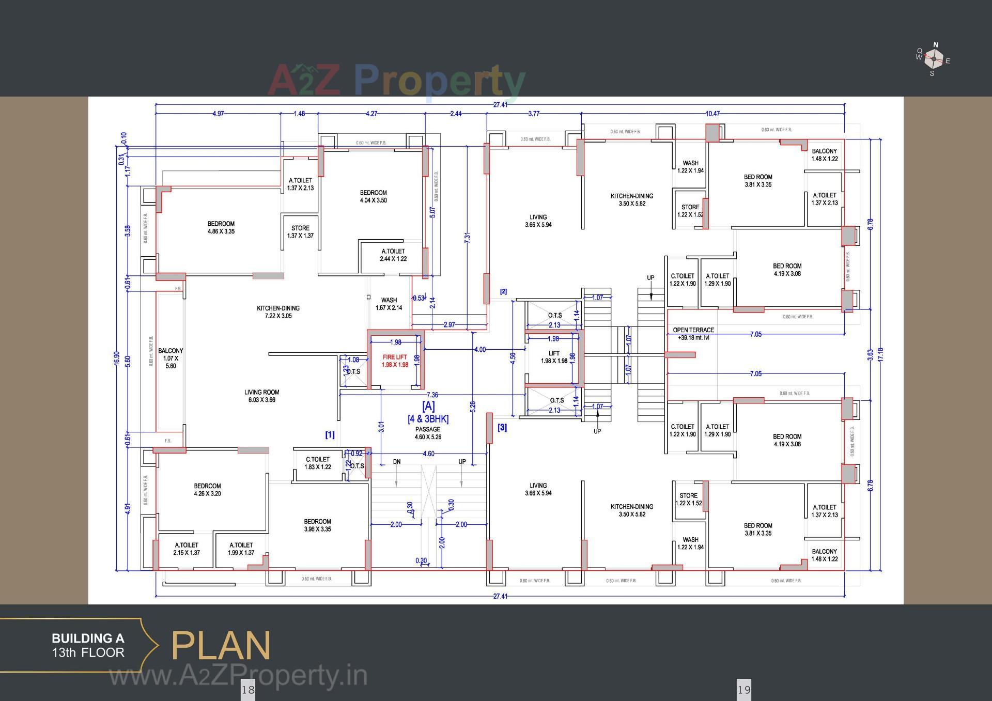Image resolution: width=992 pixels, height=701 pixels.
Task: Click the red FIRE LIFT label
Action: (395, 361)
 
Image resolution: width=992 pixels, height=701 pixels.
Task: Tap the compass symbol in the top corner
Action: (934, 59)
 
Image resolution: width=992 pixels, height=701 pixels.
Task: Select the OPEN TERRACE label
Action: (693, 333)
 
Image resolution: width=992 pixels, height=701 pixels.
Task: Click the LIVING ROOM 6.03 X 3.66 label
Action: (261, 396)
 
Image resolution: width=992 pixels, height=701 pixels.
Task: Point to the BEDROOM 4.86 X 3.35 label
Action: (221, 227)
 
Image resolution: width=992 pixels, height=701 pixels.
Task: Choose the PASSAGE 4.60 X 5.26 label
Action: (428, 433)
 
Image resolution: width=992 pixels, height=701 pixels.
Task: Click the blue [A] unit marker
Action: (428, 406)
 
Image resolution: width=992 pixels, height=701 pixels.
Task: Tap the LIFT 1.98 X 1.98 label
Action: (554, 357)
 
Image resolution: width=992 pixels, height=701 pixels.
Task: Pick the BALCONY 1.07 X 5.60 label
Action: (171, 358)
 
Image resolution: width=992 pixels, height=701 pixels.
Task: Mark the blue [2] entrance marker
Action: (503, 291)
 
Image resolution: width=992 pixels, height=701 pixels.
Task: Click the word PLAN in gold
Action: (221, 646)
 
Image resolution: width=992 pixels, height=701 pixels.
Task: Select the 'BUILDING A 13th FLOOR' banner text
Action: (88, 646)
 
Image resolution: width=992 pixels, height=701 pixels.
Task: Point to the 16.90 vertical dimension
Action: (117, 358)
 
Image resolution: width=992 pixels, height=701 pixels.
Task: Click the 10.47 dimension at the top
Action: (712, 113)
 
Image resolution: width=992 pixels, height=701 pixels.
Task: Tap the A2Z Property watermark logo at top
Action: (396, 80)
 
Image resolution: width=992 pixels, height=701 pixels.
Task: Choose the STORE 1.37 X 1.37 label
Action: (300, 231)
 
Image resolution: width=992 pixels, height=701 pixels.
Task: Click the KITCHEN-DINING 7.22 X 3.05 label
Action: (278, 311)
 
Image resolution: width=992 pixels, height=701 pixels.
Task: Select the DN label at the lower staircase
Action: (396, 462)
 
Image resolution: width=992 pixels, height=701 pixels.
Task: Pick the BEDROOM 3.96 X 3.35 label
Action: (317, 525)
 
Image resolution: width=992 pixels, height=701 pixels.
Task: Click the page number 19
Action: (743, 689)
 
